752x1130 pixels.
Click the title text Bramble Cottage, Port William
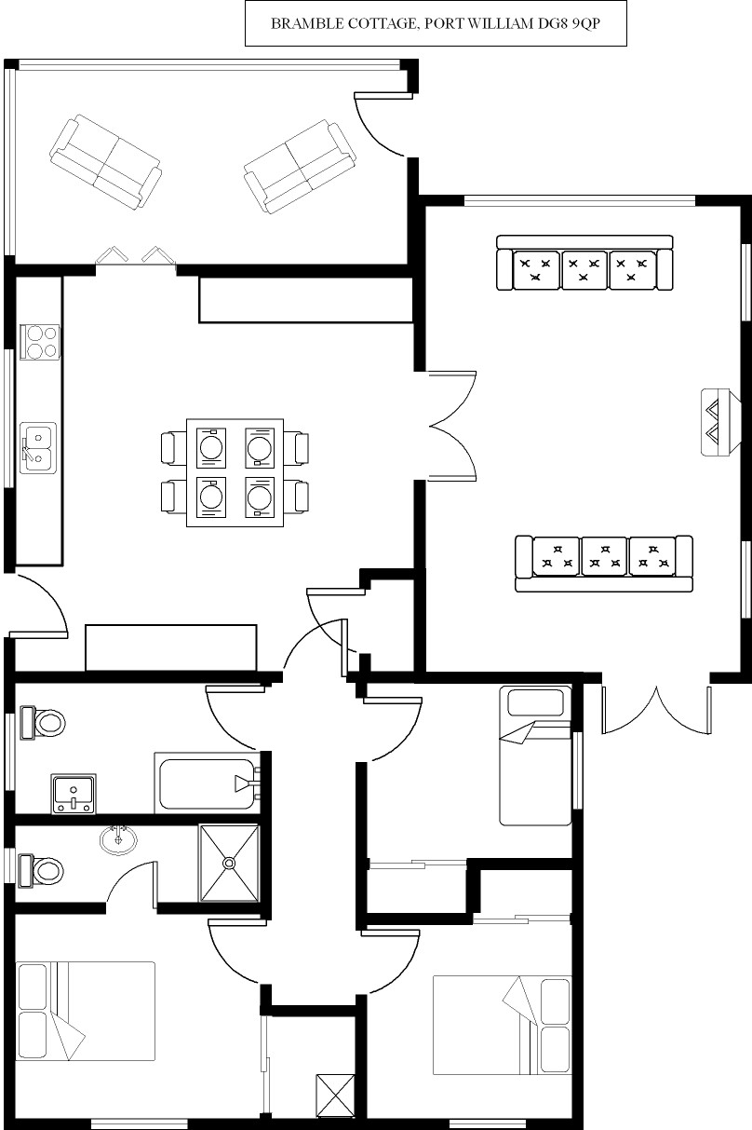click(435, 24)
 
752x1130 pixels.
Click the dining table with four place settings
click(235, 472)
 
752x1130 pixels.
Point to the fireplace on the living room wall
click(718, 421)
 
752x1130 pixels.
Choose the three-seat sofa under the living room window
click(584, 264)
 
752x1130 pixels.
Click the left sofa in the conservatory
click(104, 160)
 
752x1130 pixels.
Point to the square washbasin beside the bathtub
click(73, 794)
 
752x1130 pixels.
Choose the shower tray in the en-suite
click(228, 863)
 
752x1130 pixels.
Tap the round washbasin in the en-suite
click(119, 837)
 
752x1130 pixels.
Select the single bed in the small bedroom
click(535, 756)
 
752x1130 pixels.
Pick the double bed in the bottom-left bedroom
click(86, 1011)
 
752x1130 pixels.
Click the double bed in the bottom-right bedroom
click(502, 1025)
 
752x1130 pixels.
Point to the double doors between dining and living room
click(453, 426)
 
